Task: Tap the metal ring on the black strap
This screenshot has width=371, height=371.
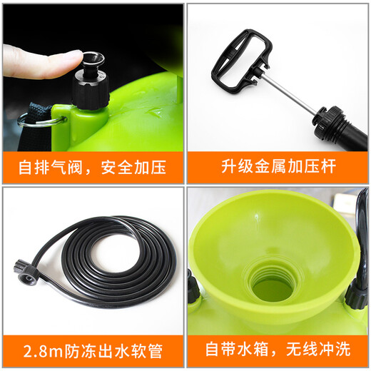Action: [x=36, y=122]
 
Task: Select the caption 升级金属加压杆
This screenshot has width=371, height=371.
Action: [x=278, y=169]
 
